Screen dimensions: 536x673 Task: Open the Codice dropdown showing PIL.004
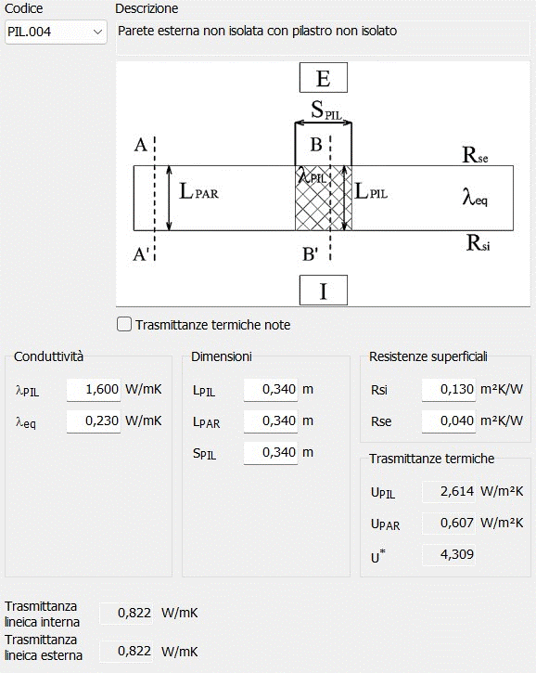pyautogui.click(x=56, y=32)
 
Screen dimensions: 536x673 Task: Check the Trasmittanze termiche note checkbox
pyautogui.click(x=124, y=324)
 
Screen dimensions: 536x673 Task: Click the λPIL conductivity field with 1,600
pyautogui.click(x=94, y=390)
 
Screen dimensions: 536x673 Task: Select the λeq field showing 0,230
pyautogui.click(x=94, y=421)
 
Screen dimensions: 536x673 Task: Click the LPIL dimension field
pyautogui.click(x=271, y=390)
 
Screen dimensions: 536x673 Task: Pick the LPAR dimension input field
pyautogui.click(x=271, y=421)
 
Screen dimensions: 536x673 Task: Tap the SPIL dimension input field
pyautogui.click(x=271, y=453)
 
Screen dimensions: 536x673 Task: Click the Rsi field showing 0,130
pyautogui.click(x=449, y=390)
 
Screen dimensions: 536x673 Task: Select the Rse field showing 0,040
pyautogui.click(x=449, y=421)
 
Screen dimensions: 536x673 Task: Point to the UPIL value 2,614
pyautogui.click(x=449, y=491)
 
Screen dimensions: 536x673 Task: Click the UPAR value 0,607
pyautogui.click(x=449, y=524)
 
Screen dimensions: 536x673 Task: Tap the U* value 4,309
pyautogui.click(x=449, y=554)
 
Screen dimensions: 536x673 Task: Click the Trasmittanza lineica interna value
pyautogui.click(x=126, y=614)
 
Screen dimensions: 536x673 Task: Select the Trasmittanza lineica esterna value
pyautogui.click(x=126, y=651)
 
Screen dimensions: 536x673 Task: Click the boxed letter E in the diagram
pyautogui.click(x=324, y=78)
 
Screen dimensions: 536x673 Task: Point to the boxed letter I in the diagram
pyautogui.click(x=324, y=291)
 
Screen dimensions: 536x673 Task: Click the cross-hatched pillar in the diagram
pyautogui.click(x=324, y=198)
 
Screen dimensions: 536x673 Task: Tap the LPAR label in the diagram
pyautogui.click(x=198, y=191)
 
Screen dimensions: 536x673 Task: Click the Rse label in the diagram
pyautogui.click(x=475, y=155)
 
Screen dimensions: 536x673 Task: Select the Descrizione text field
pyautogui.click(x=323, y=38)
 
